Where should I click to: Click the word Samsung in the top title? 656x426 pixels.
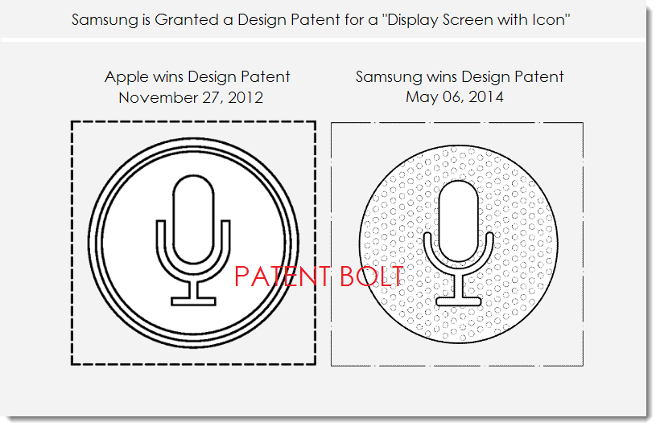click(x=104, y=20)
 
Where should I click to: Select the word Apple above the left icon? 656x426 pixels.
click(x=126, y=77)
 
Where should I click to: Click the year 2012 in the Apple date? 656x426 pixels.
click(x=245, y=98)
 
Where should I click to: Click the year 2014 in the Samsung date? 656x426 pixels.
click(x=485, y=97)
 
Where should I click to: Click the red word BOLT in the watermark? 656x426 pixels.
click(x=372, y=276)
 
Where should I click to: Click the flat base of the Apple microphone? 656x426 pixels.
click(x=193, y=301)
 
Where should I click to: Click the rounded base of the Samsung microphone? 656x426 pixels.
click(x=459, y=301)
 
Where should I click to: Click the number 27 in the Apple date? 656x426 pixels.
click(x=212, y=98)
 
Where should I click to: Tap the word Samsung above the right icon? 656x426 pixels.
click(x=389, y=77)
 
